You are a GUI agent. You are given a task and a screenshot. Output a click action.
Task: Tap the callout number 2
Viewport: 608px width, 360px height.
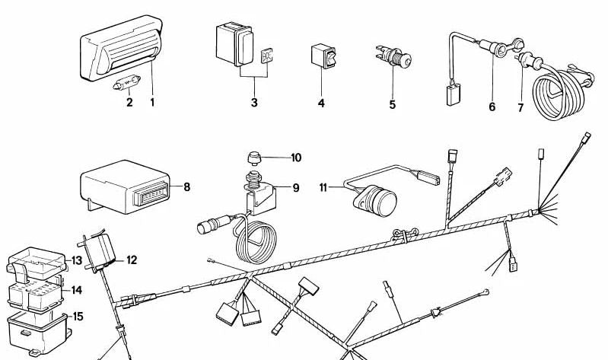pyautogui.click(x=129, y=102)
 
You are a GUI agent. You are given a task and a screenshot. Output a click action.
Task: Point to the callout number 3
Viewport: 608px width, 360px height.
pyautogui.click(x=253, y=102)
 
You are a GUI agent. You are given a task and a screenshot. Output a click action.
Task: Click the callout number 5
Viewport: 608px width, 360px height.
pyautogui.click(x=393, y=104)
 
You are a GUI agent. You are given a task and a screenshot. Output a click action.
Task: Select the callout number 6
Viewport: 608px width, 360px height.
pyautogui.click(x=492, y=107)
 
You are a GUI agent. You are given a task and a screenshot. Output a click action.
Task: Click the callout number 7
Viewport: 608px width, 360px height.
pyautogui.click(x=520, y=107)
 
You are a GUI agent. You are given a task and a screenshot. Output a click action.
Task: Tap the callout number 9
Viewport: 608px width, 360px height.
pyautogui.click(x=296, y=187)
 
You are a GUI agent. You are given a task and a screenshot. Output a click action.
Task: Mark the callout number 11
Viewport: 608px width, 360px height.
pyautogui.click(x=323, y=186)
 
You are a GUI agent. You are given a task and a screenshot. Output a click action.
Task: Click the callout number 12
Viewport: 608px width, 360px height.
pyautogui.click(x=132, y=260)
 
